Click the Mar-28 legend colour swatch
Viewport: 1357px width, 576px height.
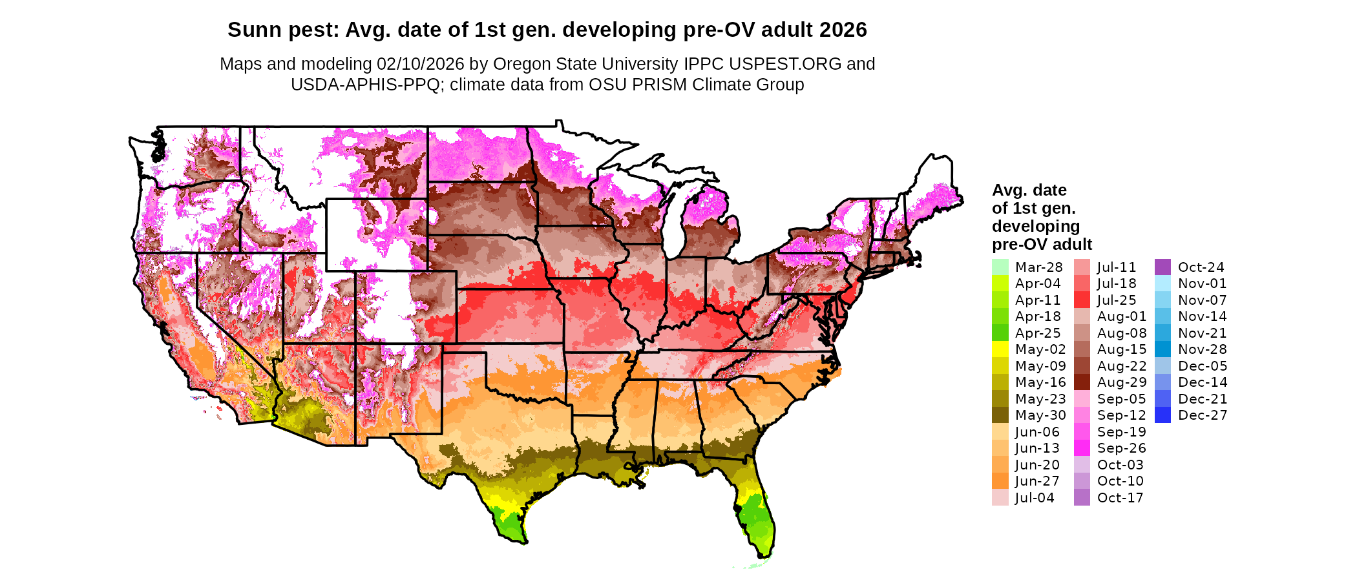(x=1000, y=267)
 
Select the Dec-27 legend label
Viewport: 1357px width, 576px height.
(x=1202, y=415)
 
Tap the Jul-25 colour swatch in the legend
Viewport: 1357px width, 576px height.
(x=1082, y=300)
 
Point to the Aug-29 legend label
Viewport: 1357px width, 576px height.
(x=1121, y=382)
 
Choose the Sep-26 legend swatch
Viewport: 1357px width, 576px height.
(x=1082, y=448)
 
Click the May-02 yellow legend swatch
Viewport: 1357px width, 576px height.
(x=1000, y=349)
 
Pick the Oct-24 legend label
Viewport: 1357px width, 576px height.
(x=1201, y=267)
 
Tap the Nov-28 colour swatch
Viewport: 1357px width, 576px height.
(x=1162, y=349)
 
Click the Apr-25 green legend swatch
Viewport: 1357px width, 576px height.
(x=1000, y=333)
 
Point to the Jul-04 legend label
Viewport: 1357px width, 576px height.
(x=1035, y=498)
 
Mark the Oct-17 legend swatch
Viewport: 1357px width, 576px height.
(x=1082, y=498)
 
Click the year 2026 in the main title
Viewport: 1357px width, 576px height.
(x=843, y=30)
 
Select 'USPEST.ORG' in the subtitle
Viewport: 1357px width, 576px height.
(x=785, y=64)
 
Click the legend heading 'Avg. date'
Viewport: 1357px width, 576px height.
(x=1029, y=190)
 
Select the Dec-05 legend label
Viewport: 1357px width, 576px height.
(x=1202, y=366)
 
